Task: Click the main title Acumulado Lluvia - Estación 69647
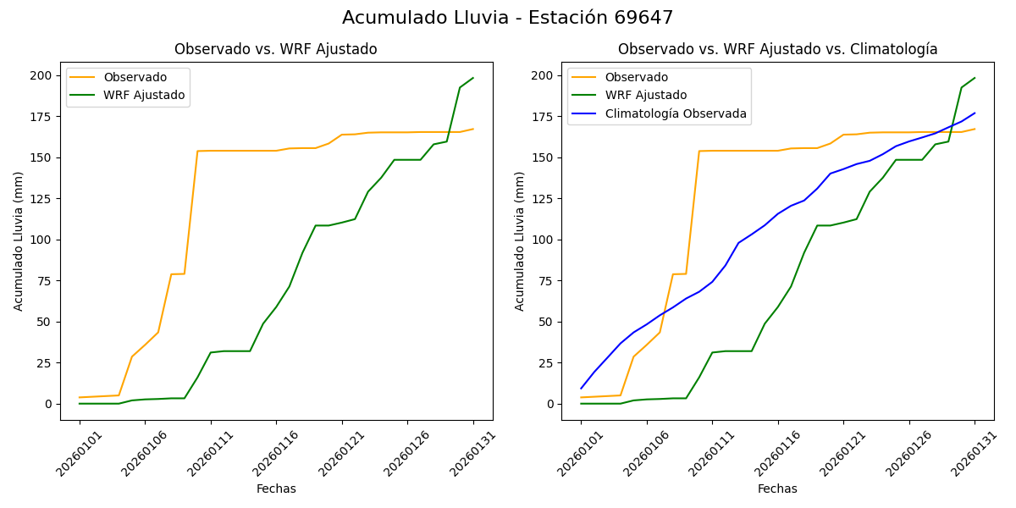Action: (x=508, y=18)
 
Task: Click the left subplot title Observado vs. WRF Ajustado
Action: (x=276, y=49)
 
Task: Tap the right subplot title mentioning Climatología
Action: (x=777, y=49)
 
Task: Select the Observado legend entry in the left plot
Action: (x=135, y=77)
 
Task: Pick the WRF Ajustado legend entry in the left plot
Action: (x=144, y=95)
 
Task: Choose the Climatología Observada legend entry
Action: (x=675, y=113)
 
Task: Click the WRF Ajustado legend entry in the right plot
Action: (x=645, y=95)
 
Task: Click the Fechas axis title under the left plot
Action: (x=276, y=489)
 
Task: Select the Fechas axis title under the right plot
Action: (x=777, y=489)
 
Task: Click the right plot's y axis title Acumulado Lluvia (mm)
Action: (x=520, y=240)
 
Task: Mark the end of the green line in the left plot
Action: (x=473, y=78)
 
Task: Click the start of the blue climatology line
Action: (x=581, y=389)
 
